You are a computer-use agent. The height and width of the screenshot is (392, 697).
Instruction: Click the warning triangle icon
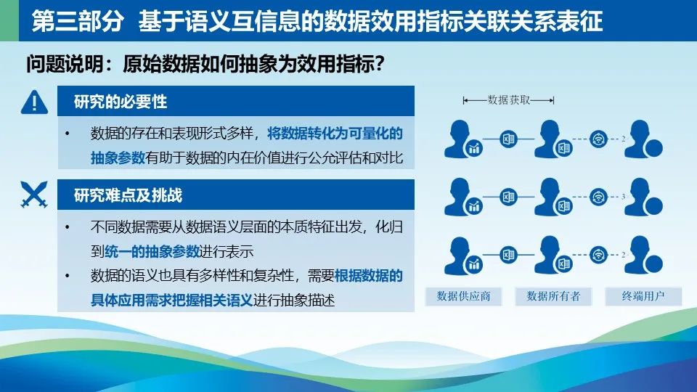34,102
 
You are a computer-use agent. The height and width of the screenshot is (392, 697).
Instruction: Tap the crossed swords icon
34,195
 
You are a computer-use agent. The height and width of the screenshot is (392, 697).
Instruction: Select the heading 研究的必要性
121,102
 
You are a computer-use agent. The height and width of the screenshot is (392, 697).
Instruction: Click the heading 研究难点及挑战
128,195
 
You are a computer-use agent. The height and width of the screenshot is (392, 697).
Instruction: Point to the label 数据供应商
463,296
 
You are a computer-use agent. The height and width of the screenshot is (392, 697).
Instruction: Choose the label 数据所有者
553,296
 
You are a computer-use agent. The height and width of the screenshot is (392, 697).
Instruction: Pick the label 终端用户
643,296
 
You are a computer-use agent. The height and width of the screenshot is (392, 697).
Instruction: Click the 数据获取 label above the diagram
509,100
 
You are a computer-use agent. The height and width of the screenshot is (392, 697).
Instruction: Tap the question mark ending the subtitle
379,64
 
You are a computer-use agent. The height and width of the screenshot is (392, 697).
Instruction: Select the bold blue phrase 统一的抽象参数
152,252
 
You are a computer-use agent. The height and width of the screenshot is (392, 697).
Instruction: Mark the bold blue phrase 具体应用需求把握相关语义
171,300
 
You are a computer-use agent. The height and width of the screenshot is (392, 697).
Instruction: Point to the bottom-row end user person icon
643,255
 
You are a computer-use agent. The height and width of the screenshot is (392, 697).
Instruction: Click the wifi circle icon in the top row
598,139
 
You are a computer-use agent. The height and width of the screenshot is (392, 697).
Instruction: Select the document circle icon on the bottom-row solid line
508,255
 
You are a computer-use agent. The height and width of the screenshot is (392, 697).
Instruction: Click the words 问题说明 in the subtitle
65,64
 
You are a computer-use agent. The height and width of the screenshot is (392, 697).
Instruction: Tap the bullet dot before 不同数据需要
67,227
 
